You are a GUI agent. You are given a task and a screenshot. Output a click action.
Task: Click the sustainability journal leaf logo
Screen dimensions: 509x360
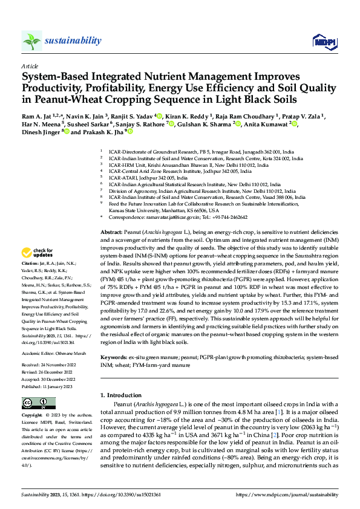[31, 41]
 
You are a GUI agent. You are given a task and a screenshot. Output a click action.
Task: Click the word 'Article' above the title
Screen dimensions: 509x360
[30, 66]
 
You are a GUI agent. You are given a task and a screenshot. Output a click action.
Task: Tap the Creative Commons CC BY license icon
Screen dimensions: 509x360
[35, 403]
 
